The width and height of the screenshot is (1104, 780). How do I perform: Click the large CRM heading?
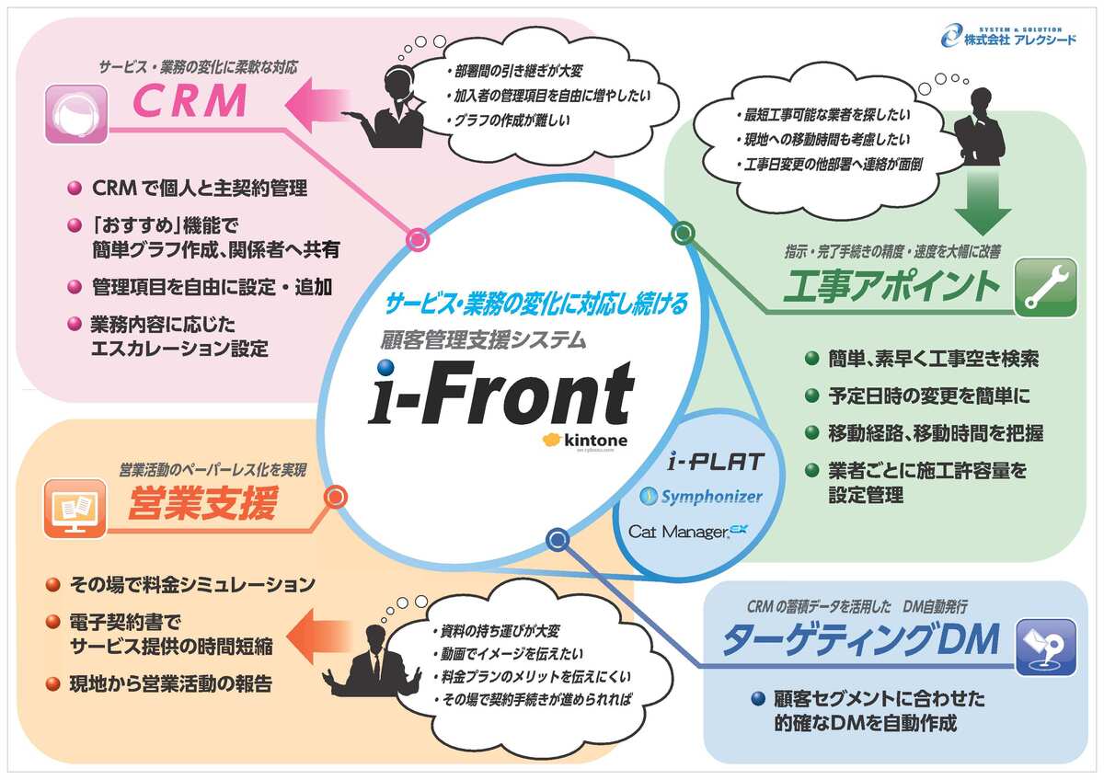tap(190, 102)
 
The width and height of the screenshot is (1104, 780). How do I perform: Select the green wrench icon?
tap(1045, 287)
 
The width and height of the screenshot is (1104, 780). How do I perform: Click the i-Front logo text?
tap(501, 394)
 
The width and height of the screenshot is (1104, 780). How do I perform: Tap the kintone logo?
tap(585, 441)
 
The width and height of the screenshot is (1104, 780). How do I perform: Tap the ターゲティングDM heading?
tap(859, 641)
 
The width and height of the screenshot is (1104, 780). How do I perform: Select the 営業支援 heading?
tap(201, 506)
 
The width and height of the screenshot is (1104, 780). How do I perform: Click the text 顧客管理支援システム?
tap(483, 340)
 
